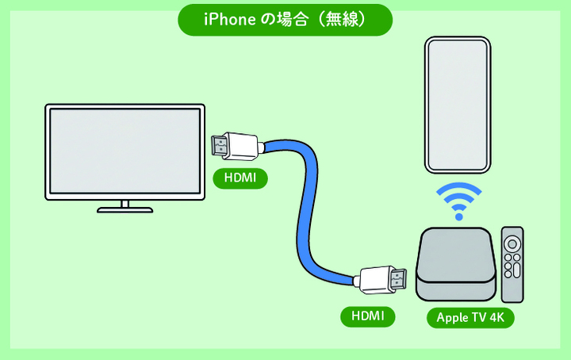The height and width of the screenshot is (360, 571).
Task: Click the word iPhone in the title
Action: (x=229, y=19)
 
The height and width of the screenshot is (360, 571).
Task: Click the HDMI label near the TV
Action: (x=240, y=178)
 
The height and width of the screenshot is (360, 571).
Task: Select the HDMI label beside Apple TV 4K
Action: (x=368, y=316)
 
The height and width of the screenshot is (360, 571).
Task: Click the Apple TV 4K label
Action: (x=470, y=317)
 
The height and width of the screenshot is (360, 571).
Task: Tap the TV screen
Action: (x=125, y=151)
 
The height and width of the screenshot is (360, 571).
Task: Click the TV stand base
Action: (x=125, y=210)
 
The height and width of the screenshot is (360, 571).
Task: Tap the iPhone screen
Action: (x=458, y=105)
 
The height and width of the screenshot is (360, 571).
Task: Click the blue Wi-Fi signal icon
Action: (x=459, y=201)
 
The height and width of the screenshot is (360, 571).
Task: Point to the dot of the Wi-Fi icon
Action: (x=459, y=217)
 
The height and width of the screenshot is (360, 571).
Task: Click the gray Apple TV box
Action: (x=456, y=264)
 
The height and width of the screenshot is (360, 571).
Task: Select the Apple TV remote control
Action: (x=512, y=265)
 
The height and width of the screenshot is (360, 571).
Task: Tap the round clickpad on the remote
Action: (x=512, y=243)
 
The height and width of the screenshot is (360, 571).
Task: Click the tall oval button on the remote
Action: (x=516, y=270)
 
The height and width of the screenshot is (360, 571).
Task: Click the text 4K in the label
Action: (x=496, y=317)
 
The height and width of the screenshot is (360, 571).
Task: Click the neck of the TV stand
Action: (x=125, y=204)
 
